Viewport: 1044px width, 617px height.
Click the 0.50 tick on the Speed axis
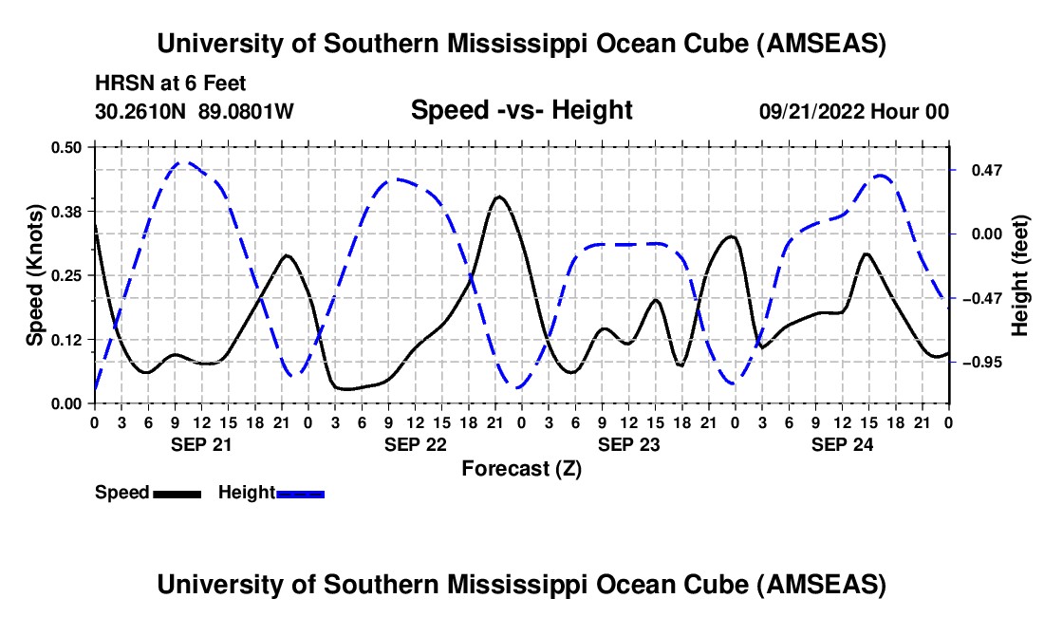[x=65, y=147]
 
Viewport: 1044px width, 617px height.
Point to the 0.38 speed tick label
[x=65, y=212]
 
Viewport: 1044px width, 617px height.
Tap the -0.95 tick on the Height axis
[x=982, y=362]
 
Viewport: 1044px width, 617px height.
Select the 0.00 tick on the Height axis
[x=987, y=234]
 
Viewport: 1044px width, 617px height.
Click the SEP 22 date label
[x=416, y=444]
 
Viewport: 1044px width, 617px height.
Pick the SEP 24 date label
[x=842, y=444]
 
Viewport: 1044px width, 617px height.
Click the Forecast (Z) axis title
[x=522, y=469]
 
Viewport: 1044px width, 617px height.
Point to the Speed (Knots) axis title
[x=34, y=275]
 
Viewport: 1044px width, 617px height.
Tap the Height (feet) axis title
[x=1020, y=275]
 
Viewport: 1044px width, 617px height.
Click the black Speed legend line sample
[x=177, y=494]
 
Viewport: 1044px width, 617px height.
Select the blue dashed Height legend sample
[x=300, y=494]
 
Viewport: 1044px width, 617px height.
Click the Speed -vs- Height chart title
[x=522, y=110]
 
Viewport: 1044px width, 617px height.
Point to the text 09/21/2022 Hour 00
[x=854, y=111]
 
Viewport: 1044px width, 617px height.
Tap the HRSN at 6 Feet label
[x=171, y=84]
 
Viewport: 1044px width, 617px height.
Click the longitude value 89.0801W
[x=246, y=111]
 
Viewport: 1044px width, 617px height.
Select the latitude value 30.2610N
[x=140, y=111]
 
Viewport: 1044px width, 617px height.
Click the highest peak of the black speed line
[x=499, y=196]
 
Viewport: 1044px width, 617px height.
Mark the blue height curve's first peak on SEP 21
[x=183, y=161]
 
